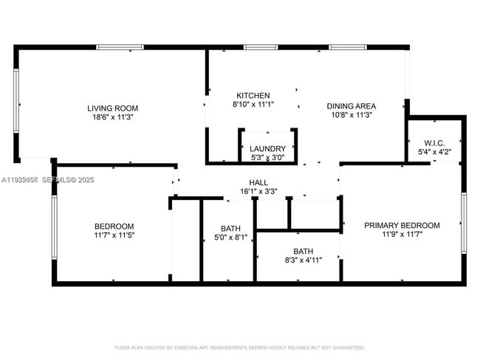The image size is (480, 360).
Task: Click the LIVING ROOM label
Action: (113, 108)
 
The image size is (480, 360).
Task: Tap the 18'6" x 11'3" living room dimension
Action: (113, 117)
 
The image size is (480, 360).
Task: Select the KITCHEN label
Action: (253, 96)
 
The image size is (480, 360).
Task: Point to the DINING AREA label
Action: (351, 105)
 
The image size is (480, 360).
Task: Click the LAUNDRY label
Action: (267, 148)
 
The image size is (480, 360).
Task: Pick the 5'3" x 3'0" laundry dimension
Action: (267, 157)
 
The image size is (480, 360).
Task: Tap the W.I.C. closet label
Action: (433, 142)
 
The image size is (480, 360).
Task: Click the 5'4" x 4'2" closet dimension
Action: (433, 152)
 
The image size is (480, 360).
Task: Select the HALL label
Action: (258, 182)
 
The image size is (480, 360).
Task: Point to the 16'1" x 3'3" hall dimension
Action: (258, 192)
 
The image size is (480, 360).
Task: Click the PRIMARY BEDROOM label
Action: (402, 226)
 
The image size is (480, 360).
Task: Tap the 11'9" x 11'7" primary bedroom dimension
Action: (402, 235)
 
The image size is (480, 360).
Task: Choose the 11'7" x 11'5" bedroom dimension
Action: (114, 235)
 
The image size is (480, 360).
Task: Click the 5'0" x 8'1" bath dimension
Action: (227, 238)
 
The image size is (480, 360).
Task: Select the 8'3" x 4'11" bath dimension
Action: (304, 260)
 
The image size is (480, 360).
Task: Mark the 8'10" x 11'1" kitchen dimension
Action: (253, 105)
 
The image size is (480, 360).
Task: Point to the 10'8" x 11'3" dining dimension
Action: (351, 115)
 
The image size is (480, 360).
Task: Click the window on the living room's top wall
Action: (120, 47)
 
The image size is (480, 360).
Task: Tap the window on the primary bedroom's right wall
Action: (464, 222)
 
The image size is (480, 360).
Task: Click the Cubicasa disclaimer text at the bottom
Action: (239, 347)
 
